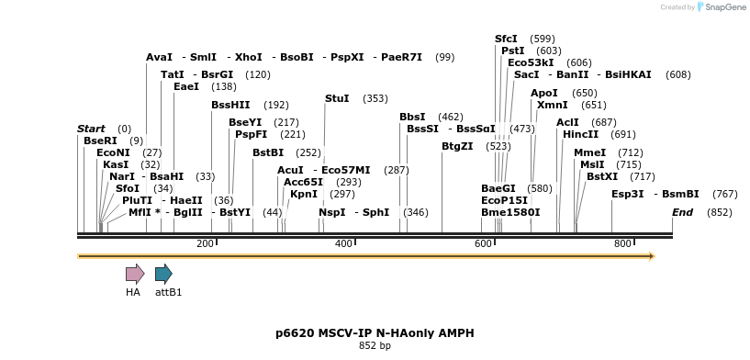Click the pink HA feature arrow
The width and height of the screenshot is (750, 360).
135,273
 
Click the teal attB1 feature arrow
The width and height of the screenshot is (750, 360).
163,273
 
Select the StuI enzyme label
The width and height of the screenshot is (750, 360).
337,98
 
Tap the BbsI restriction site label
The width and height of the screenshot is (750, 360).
412,117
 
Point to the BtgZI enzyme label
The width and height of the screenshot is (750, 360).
457,146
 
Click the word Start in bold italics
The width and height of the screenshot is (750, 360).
91,129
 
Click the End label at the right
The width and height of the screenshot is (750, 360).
682,212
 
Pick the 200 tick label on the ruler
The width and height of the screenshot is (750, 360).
205,243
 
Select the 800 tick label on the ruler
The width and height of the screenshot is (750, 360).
622,243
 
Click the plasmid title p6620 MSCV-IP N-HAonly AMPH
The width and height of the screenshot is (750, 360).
375,333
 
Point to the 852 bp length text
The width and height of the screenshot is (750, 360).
375,346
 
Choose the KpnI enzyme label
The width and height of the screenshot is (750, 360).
303,194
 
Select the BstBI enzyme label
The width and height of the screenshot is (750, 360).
268,152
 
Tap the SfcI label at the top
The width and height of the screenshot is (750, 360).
506,39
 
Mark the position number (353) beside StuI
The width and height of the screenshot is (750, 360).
375,98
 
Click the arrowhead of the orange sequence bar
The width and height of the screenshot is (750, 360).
651,255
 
